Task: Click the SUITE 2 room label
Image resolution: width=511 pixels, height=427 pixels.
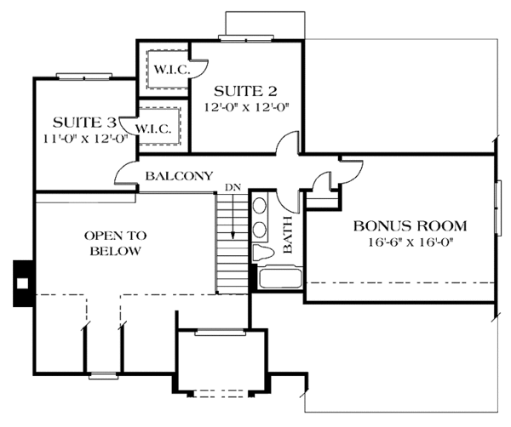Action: click(x=245, y=92)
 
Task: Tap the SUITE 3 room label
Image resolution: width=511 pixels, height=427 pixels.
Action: click(x=84, y=122)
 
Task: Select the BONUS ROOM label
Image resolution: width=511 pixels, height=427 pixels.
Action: click(x=411, y=226)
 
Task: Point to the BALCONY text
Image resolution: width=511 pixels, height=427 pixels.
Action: click(x=179, y=176)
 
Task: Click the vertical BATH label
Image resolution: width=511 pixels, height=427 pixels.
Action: click(x=288, y=235)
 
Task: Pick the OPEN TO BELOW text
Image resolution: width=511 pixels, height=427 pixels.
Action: click(x=115, y=243)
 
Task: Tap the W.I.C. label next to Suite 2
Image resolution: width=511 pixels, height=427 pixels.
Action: click(x=172, y=70)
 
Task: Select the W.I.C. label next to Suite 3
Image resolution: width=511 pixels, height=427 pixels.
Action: click(x=153, y=129)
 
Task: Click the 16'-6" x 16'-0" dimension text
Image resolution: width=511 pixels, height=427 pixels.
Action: click(x=411, y=242)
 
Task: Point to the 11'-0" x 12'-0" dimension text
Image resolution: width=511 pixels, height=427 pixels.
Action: click(x=85, y=139)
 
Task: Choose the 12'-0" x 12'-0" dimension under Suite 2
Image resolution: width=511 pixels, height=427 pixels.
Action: click(x=247, y=107)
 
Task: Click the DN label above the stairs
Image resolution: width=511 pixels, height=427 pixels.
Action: click(x=233, y=187)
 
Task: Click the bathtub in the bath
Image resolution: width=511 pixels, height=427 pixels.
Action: click(x=280, y=277)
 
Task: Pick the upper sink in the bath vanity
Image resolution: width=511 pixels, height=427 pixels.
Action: click(x=260, y=206)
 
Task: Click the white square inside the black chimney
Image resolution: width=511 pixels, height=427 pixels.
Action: click(x=22, y=283)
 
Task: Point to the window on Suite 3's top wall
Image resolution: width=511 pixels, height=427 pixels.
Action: click(x=84, y=77)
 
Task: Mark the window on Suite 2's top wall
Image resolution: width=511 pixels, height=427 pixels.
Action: click(x=246, y=38)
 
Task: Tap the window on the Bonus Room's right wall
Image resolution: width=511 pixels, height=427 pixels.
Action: click(x=498, y=208)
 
